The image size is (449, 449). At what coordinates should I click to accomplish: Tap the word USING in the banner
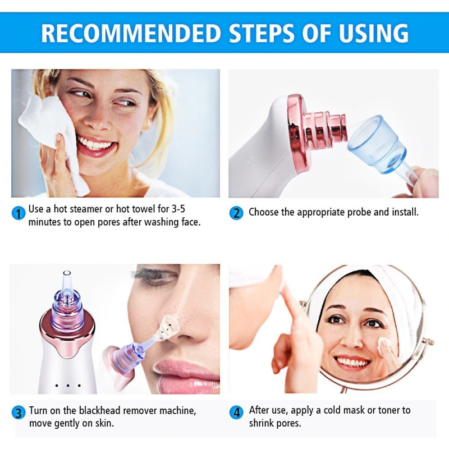(x=373, y=33)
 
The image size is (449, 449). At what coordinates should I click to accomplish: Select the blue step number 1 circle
(x=19, y=213)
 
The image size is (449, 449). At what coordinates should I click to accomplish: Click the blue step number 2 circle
(x=236, y=213)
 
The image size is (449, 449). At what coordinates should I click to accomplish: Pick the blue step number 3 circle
(x=19, y=413)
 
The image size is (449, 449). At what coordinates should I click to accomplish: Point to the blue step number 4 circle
(x=236, y=413)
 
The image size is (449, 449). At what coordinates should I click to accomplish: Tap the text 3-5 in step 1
(x=178, y=209)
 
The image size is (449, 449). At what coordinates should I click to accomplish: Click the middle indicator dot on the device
(x=68, y=386)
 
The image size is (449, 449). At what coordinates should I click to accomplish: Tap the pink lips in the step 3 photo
(x=186, y=372)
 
